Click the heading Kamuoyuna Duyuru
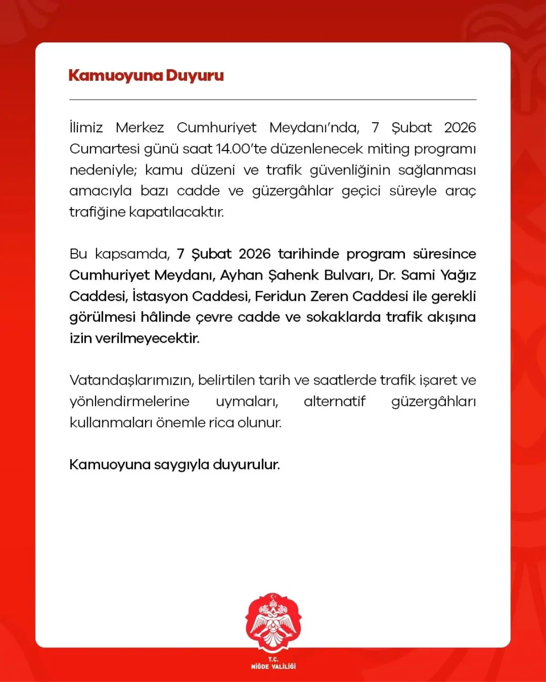146,75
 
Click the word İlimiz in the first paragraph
86,128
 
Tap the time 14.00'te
241,149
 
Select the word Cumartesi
104,149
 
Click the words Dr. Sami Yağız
427,275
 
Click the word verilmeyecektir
147,338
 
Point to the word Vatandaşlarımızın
132,381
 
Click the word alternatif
334,401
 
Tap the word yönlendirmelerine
129,401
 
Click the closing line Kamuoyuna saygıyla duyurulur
174,465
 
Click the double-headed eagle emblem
273,623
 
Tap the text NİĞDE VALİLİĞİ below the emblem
273,666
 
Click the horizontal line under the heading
273,100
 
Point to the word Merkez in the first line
140,128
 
